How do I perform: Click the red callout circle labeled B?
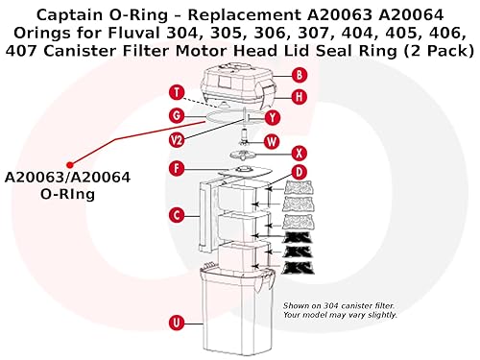[x=300, y=74]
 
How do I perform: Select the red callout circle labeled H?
[x=300, y=96]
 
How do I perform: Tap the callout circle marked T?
[x=176, y=93]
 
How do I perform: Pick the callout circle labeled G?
[x=176, y=115]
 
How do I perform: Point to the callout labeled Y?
[x=273, y=117]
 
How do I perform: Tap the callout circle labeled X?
[x=300, y=153]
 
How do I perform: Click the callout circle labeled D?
[x=300, y=172]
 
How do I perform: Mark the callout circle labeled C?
[x=176, y=214]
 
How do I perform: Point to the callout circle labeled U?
[x=176, y=322]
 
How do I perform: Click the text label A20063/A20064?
[x=68, y=178]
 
